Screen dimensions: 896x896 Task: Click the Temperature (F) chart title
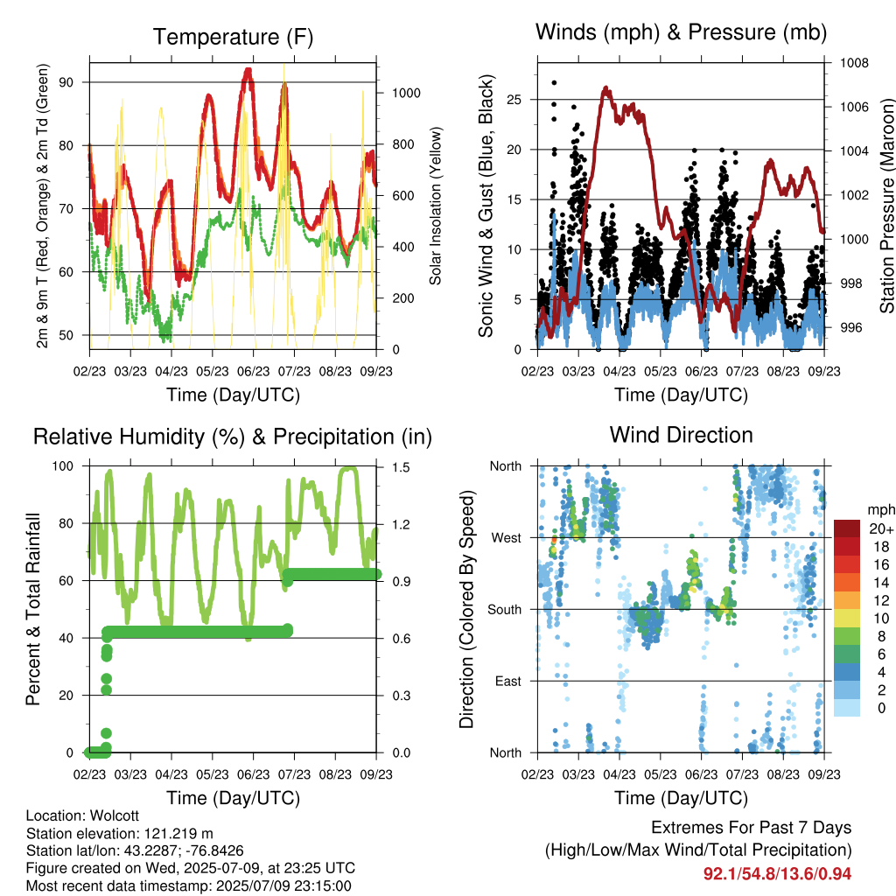233,37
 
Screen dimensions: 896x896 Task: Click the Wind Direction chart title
681,435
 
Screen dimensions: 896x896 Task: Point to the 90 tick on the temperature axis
66,82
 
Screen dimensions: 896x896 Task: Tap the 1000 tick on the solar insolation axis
406,93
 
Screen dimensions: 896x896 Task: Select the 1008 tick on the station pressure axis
854,63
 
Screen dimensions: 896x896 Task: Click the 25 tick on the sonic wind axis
514,100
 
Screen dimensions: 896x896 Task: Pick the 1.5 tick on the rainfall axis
401,467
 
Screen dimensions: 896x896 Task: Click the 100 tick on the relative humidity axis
63,466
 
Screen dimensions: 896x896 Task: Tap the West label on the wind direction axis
507,538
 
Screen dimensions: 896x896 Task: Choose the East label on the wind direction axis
508,681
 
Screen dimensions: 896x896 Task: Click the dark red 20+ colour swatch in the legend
847,529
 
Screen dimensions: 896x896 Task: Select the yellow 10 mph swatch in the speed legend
847,619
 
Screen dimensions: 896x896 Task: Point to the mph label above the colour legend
880,510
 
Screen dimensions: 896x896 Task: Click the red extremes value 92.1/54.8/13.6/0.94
777,874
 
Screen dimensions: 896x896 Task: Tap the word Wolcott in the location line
115,816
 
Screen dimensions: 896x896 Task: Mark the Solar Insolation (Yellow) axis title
436,206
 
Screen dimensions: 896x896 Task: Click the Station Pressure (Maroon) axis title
887,206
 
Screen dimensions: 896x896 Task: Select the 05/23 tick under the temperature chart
213,371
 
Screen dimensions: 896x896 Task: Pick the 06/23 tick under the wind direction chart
701,774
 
